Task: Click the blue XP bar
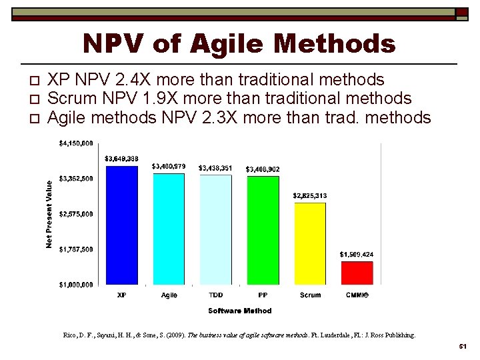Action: (122, 225)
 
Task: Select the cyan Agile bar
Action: (169, 229)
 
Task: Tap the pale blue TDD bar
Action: (216, 229)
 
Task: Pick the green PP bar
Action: (263, 230)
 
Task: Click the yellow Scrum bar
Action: (310, 243)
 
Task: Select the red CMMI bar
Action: (357, 273)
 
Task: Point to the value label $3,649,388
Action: (121, 159)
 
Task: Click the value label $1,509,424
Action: (357, 255)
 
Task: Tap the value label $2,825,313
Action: (310, 195)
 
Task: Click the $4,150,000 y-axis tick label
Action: (76, 143)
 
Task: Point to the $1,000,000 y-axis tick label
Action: (76, 285)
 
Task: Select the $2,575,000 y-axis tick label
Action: (76, 214)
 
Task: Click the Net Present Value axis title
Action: (49, 214)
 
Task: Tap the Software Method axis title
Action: (239, 311)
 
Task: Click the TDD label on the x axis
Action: (216, 295)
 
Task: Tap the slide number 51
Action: (462, 348)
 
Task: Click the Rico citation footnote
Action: (239, 335)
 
